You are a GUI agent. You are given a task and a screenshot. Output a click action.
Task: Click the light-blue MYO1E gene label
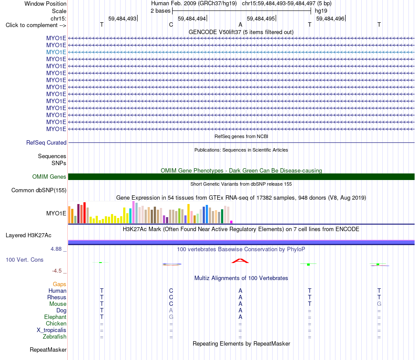point(56,52)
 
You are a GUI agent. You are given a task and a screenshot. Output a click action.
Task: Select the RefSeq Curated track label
point(46,143)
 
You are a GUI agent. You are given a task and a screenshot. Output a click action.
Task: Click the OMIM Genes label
point(49,177)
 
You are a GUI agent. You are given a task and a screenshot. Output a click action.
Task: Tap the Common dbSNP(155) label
point(39,190)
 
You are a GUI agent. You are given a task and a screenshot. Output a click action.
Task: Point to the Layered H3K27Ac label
point(28,235)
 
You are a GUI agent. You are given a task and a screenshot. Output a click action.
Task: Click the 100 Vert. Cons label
point(24,260)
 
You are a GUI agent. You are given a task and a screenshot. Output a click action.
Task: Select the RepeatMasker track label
point(48,350)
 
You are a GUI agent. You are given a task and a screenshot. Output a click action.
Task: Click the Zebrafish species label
point(55,336)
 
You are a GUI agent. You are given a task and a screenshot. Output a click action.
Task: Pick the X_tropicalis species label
point(52,330)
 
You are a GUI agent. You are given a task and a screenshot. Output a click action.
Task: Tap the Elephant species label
point(55,317)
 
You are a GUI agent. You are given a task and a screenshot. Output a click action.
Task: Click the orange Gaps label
point(59,284)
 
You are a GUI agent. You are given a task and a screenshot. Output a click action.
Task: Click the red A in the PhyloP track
point(240,261)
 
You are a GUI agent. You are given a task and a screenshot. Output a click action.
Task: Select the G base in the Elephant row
point(171,317)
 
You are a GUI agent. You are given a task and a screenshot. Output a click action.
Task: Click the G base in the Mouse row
point(379,304)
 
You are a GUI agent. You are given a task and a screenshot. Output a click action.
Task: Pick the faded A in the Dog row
point(171,310)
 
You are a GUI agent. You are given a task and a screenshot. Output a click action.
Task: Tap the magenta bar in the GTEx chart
point(232,222)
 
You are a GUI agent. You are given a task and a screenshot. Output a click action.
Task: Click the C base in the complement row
point(171,24)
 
